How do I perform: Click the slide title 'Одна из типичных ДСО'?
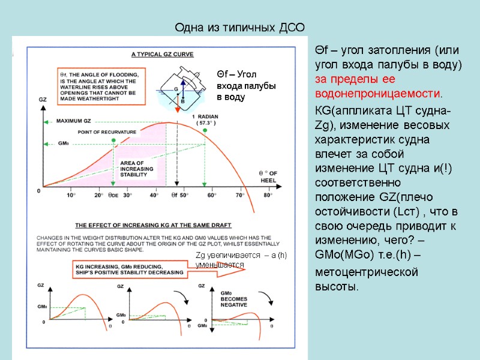click(x=239, y=28)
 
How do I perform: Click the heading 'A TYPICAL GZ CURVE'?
click(x=162, y=54)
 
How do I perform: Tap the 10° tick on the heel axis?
click(x=71, y=195)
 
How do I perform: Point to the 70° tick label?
click(x=239, y=195)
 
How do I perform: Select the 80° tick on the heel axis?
click(x=268, y=195)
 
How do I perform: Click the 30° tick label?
click(x=127, y=195)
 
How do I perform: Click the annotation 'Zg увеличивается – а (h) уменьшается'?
click(x=241, y=260)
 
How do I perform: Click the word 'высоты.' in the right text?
click(x=337, y=286)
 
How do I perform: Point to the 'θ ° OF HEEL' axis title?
click(x=266, y=177)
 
